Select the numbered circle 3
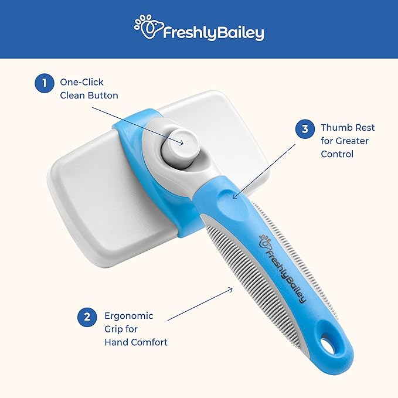(305, 128)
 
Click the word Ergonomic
(129, 315)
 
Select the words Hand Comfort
(136, 342)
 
